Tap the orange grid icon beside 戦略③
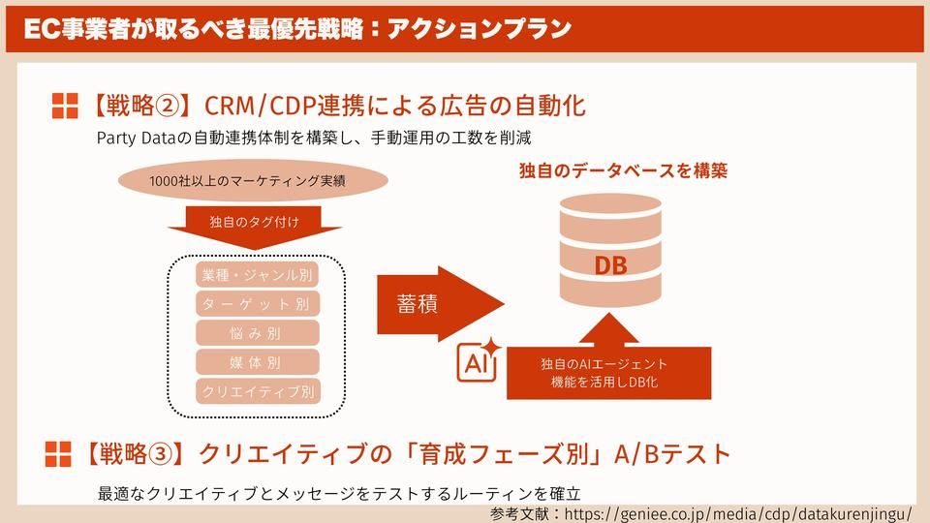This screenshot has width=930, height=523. tap(59, 453)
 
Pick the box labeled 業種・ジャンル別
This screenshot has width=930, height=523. tap(257, 274)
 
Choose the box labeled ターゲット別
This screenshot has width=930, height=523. tap(257, 304)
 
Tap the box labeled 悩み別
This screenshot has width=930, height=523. tap(257, 333)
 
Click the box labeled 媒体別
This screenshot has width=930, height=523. tap(257, 362)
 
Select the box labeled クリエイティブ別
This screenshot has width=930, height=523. tap(257, 391)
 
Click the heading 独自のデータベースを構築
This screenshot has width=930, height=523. tap(623, 171)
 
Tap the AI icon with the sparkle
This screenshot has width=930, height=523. tap(478, 362)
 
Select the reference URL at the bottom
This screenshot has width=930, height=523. tap(737, 511)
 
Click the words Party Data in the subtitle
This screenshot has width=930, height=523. tap(134, 138)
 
